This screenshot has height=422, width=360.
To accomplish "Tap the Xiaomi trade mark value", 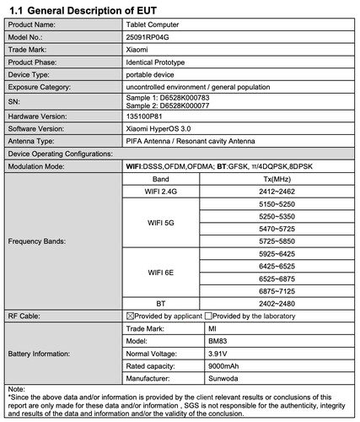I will click(x=139, y=50).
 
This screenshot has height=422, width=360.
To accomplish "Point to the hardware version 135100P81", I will click(x=147, y=117).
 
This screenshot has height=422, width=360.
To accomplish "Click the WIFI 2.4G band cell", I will click(x=160, y=192).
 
